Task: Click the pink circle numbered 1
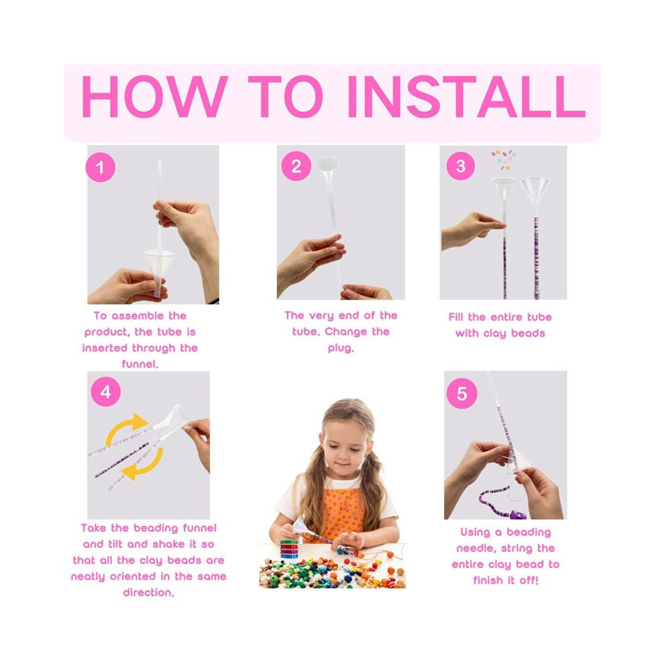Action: click(101, 167)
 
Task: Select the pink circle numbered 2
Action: click(296, 166)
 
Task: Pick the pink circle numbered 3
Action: click(461, 166)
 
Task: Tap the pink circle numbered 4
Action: click(105, 392)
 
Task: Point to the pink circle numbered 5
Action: click(462, 394)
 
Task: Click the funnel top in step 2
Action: click(327, 165)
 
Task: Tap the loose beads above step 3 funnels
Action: click(504, 159)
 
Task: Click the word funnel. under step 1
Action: click(140, 364)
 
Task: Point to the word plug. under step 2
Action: click(341, 349)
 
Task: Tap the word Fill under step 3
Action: click(456, 317)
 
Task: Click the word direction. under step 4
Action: click(148, 592)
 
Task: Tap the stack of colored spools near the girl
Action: click(290, 549)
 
